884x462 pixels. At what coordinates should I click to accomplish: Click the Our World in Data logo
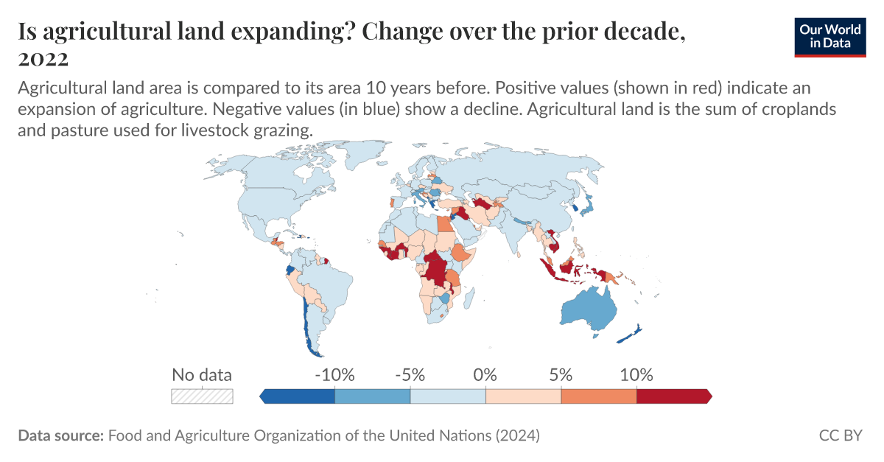tap(829, 35)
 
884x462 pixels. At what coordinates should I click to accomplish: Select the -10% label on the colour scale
tap(334, 374)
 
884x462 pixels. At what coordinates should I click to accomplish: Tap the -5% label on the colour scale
tap(410, 374)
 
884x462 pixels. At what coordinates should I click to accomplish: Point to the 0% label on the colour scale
tap(485, 374)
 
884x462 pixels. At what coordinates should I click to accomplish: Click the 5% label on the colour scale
tap(561, 374)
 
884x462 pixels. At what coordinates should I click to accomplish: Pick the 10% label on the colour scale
tap(636, 374)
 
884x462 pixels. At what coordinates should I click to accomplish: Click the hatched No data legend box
tap(202, 396)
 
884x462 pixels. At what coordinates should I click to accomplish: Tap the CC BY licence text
tap(840, 435)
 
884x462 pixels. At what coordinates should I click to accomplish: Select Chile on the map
tap(304, 324)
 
